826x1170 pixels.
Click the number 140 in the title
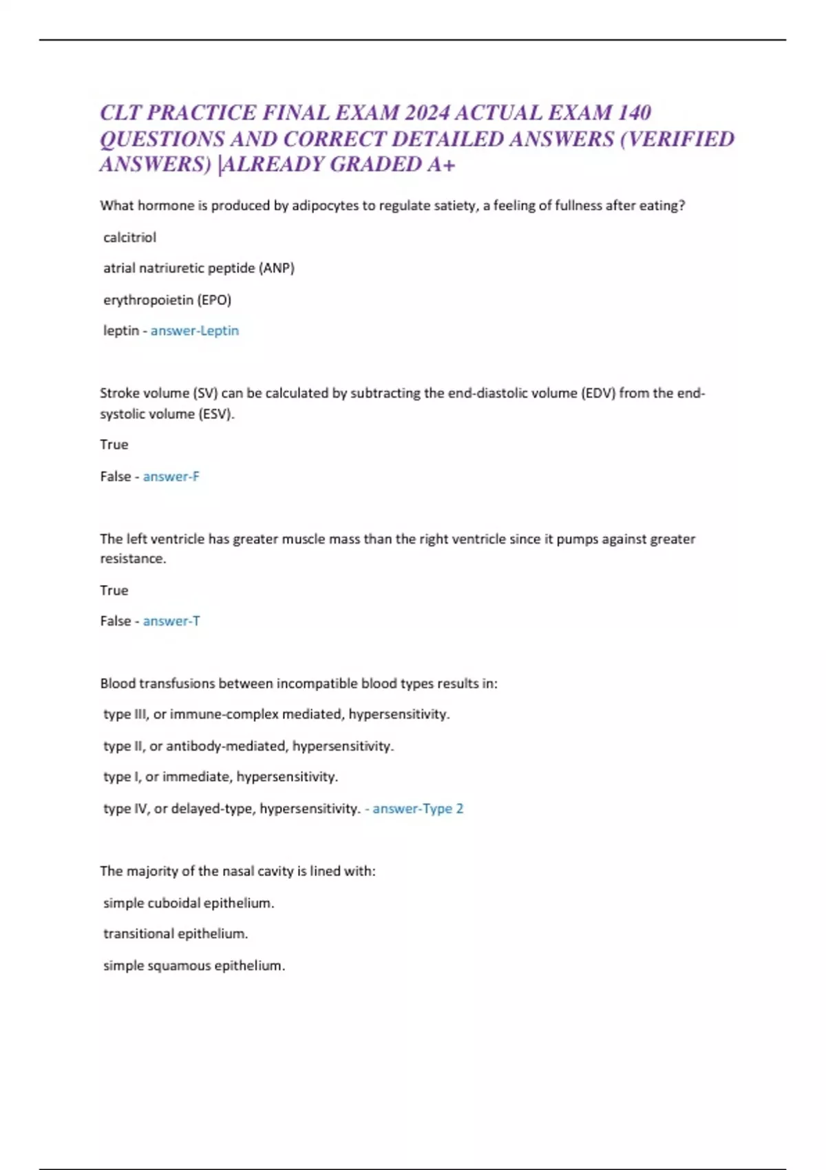635,113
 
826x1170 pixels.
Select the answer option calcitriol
129,237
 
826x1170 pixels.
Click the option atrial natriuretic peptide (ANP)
198,268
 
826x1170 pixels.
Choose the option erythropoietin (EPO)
167,300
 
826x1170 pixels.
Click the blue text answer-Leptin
195,331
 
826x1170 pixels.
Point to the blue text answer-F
171,476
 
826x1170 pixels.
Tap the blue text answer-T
171,621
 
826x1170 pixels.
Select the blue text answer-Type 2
418,809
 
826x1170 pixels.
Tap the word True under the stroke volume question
114,445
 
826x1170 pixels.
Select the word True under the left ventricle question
114,591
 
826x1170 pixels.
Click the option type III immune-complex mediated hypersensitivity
276,714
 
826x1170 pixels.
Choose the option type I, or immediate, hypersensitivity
220,777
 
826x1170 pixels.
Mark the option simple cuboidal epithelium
189,903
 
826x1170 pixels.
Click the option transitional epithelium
176,934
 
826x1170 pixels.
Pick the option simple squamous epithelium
194,966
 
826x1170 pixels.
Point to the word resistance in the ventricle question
132,559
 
